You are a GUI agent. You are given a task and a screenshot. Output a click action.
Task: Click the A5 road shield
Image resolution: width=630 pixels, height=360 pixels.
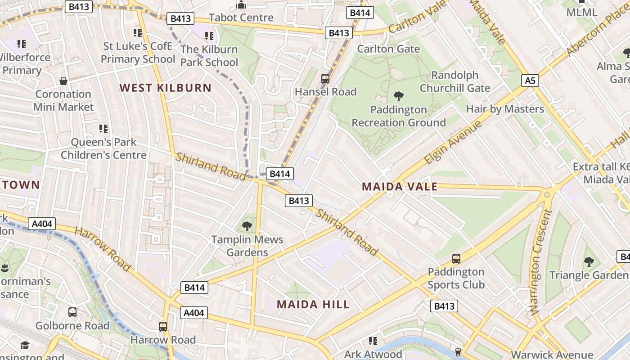(531, 81)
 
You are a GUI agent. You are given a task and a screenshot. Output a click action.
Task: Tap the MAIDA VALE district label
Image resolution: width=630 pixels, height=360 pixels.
(400, 187)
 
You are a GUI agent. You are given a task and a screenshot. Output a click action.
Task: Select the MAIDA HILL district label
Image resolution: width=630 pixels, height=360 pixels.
(313, 304)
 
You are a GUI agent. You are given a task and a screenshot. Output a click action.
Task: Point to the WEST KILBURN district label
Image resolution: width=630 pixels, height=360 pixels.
(166, 88)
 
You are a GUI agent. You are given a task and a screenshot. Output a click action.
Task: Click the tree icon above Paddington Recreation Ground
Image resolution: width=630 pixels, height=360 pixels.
(398, 96)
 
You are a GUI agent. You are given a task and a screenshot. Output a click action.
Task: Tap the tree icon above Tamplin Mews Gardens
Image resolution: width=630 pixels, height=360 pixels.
(247, 226)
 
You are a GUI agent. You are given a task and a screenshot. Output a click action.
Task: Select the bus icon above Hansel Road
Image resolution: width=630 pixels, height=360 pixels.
(325, 79)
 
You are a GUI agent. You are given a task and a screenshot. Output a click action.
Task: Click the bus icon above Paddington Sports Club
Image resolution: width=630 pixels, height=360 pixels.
(456, 259)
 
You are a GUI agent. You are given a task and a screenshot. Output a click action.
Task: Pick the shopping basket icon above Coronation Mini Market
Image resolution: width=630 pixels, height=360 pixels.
(63, 81)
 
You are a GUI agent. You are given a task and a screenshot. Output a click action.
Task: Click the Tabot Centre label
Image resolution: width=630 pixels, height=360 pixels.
(241, 18)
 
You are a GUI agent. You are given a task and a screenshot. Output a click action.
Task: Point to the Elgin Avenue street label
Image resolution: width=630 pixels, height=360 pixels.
(453, 142)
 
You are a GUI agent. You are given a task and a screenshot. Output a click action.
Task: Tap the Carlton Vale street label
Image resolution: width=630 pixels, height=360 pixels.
(418, 17)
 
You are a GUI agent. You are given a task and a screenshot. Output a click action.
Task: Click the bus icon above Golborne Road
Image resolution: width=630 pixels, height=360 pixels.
(72, 312)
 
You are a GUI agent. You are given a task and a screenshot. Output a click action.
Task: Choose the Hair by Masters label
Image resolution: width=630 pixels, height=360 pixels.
(505, 109)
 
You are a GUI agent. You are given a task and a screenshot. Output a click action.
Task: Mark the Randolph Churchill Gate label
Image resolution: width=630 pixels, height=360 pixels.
(454, 81)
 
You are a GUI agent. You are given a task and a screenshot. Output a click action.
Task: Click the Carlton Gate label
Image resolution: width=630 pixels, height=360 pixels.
(388, 49)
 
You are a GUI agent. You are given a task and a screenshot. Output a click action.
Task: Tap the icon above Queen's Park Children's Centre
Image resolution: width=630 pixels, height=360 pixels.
(103, 129)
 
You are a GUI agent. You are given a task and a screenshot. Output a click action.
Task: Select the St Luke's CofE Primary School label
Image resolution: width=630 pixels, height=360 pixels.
(138, 53)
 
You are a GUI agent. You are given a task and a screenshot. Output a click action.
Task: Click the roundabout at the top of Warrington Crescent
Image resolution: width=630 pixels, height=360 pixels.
(547, 194)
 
